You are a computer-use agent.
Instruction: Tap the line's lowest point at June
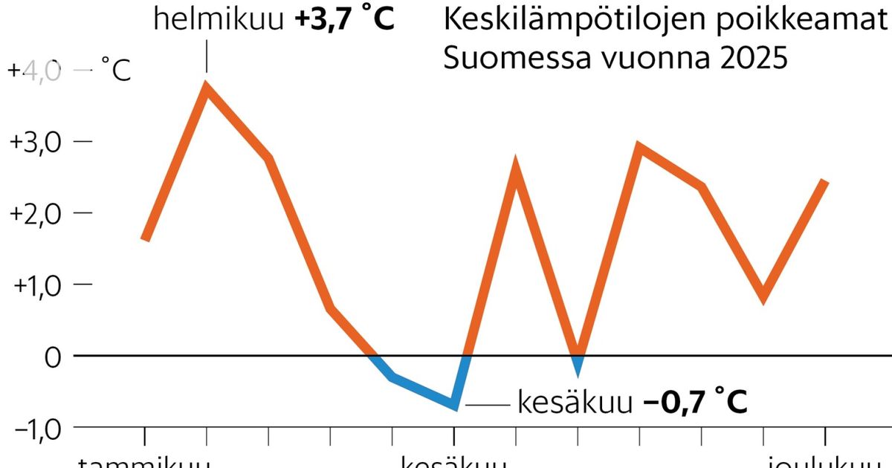[453, 405]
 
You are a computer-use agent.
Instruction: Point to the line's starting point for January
[145, 239]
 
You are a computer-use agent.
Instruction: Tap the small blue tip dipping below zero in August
[578, 365]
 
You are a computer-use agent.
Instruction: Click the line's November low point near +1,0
[763, 297]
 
